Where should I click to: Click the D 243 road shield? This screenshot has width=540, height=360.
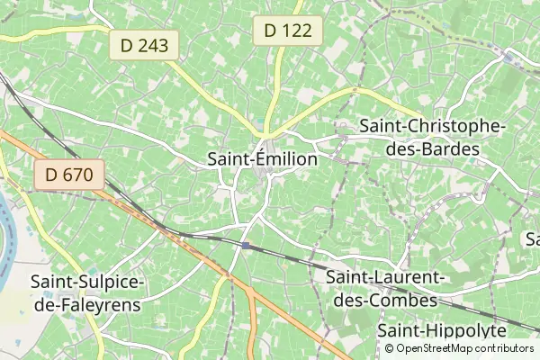[x=145, y=45]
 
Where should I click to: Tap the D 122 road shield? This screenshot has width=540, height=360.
[x=288, y=31]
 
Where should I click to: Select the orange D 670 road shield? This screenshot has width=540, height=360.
[x=70, y=175]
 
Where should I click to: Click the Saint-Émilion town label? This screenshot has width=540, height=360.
[x=262, y=159]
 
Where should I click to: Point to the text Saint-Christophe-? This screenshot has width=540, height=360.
[x=432, y=128]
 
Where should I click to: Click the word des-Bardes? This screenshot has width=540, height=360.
[x=432, y=149]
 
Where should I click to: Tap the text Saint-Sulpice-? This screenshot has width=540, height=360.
[x=86, y=283]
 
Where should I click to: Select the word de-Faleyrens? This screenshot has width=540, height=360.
[x=86, y=304]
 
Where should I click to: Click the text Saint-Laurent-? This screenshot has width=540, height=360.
[x=386, y=277]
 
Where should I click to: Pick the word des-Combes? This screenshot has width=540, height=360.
[x=386, y=299]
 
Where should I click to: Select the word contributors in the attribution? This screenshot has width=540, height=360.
[x=505, y=348]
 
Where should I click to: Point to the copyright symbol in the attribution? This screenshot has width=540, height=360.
[x=390, y=348]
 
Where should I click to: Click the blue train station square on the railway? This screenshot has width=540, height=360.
[x=245, y=244]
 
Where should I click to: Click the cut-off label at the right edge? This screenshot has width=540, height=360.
[x=532, y=239]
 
